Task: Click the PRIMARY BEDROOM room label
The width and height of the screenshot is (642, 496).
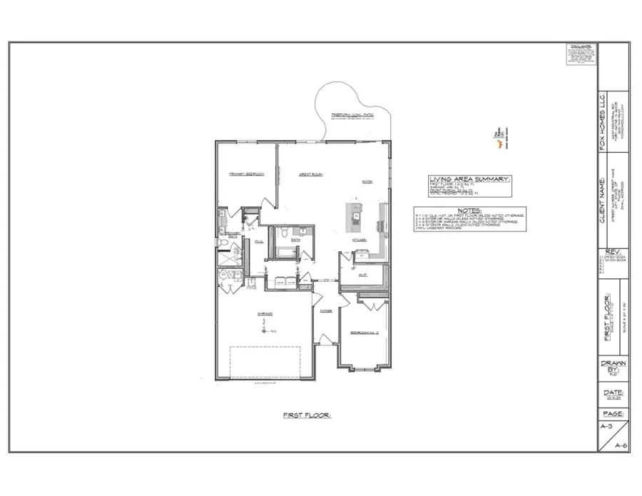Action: tap(247, 173)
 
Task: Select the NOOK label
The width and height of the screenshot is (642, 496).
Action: tap(367, 181)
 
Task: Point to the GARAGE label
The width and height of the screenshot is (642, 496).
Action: tap(265, 313)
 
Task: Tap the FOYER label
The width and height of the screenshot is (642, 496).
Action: tap(325, 311)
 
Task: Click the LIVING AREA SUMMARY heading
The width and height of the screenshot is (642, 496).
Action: tap(470, 179)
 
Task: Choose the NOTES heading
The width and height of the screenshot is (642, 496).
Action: tap(470, 211)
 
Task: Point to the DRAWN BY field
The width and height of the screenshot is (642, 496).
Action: tap(613, 368)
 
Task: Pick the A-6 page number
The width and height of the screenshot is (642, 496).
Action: tap(621, 445)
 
